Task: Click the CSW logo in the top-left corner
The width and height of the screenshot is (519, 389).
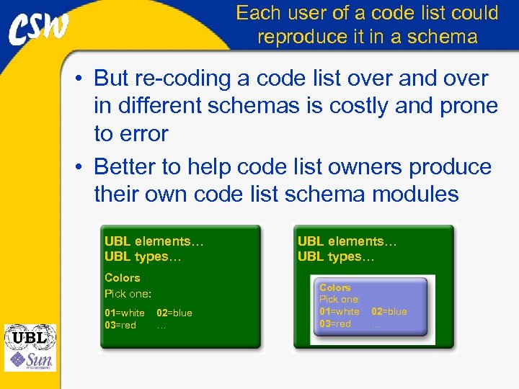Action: pos(39,28)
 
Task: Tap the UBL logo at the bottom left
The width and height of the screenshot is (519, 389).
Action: pos(30,336)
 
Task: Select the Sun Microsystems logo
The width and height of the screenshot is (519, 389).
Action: pos(30,359)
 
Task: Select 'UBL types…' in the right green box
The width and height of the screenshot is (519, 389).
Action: pos(336,256)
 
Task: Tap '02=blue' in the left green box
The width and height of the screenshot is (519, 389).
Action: pos(174,313)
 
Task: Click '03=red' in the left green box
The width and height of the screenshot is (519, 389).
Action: pos(120,325)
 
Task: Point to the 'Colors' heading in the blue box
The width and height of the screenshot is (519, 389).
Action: pos(335,287)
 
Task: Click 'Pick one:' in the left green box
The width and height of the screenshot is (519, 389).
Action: pos(128,293)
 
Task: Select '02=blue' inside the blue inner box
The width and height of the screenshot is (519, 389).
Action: pos(389,311)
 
